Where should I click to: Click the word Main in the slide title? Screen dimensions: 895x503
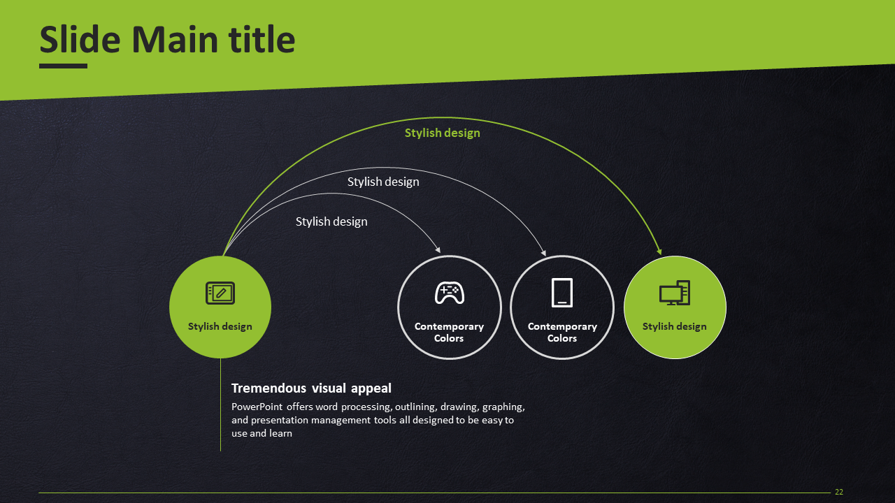pos(175,40)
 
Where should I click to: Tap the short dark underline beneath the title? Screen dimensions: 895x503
pos(63,66)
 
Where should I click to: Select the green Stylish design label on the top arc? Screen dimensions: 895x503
pos(443,133)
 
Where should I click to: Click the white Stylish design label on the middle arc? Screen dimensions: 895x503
pos(383,182)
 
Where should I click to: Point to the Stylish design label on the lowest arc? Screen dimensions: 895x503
pos(331,221)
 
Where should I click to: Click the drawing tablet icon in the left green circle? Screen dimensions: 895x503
pos(220,293)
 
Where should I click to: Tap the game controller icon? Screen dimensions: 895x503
pos(450,293)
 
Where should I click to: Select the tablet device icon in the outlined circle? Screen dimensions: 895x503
pos(561,293)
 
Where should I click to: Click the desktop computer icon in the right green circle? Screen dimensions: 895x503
pos(675,293)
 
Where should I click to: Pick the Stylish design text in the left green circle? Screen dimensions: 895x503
pos(220,326)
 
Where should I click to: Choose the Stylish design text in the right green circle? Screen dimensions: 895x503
pos(675,326)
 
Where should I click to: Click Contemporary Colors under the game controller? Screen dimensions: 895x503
pos(449,332)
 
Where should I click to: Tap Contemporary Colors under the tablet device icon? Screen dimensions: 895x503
pos(562,332)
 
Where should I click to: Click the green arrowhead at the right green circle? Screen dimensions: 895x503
pos(659,251)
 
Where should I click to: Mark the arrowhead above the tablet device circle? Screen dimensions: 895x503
pos(543,253)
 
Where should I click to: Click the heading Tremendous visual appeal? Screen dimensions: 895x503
pos(311,388)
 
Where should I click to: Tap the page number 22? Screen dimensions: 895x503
pos(839,492)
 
